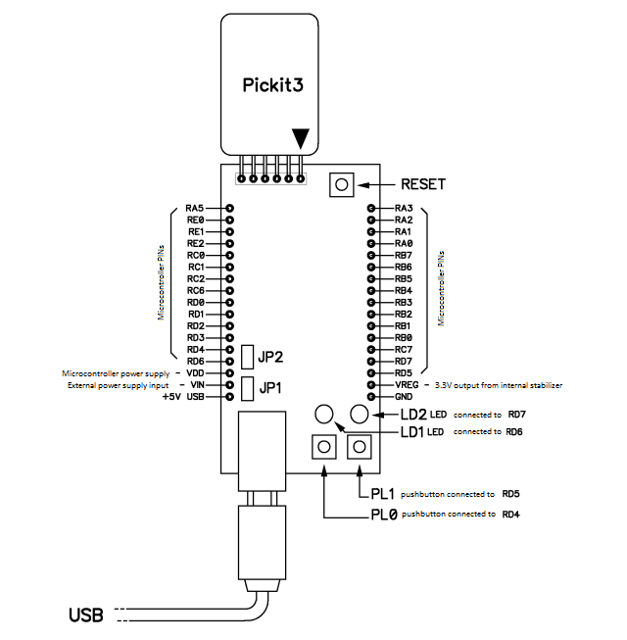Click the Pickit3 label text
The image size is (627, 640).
click(x=273, y=85)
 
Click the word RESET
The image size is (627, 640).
click(x=423, y=184)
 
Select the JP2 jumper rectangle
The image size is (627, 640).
click(x=247, y=357)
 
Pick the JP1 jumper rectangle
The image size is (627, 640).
click(x=247, y=388)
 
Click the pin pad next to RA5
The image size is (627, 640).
click(x=229, y=208)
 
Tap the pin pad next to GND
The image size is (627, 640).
click(x=371, y=397)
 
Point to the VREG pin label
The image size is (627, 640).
click(x=407, y=385)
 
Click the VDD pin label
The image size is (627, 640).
click(x=195, y=373)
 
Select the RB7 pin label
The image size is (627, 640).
click(x=404, y=256)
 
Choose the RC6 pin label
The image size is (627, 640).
click(x=195, y=291)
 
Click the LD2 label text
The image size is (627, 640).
click(x=413, y=415)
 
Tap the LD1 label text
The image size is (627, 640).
click(x=412, y=432)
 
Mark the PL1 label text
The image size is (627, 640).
click(x=383, y=494)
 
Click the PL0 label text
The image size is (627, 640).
click(x=384, y=515)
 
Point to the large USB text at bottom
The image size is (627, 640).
click(x=86, y=615)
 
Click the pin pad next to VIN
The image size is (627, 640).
click(x=229, y=385)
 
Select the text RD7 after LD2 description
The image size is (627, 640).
click(x=517, y=415)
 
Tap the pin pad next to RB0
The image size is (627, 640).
click(x=371, y=338)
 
